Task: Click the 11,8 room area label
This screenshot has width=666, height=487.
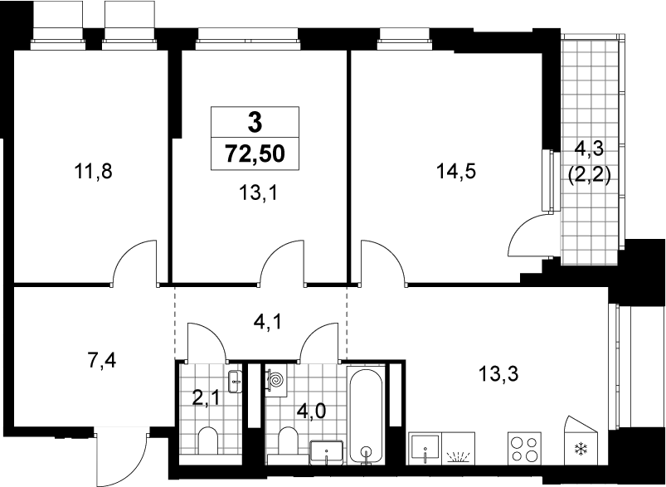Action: point(93,172)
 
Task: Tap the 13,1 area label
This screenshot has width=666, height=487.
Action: point(257,194)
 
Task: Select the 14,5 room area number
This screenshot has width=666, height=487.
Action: point(456,172)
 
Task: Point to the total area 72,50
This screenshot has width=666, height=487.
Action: point(255,153)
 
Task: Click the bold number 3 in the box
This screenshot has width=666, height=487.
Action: point(255,124)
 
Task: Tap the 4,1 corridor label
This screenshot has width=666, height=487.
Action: point(267,323)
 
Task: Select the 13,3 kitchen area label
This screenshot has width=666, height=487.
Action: point(498,374)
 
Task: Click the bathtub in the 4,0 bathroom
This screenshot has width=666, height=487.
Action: point(366,414)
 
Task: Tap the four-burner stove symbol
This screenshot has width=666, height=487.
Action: point(524,449)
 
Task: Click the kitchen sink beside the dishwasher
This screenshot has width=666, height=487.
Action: point(425,449)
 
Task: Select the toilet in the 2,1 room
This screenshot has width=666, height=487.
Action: point(208,441)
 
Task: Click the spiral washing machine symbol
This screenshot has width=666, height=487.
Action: point(276,380)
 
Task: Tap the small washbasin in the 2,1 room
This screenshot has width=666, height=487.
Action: point(235,381)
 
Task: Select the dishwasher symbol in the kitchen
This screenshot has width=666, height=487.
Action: point(459,449)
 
